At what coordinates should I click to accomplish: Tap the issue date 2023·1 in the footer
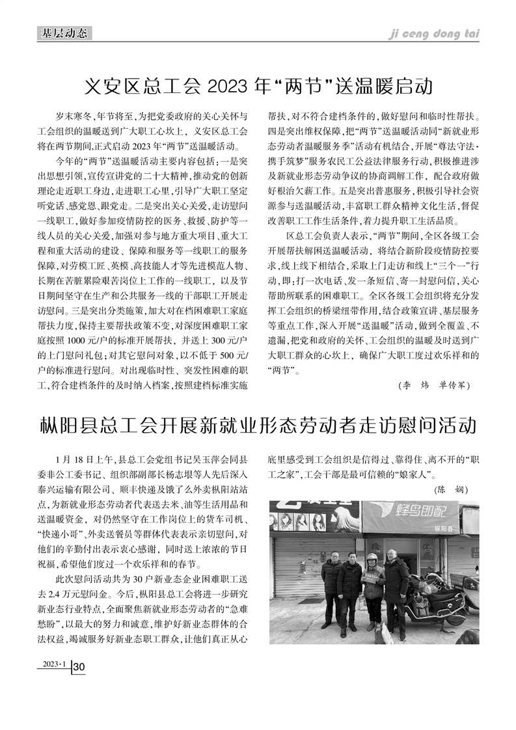(x=55, y=664)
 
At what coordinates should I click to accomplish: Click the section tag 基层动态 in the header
(x=64, y=33)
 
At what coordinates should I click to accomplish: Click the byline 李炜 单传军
(x=433, y=385)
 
